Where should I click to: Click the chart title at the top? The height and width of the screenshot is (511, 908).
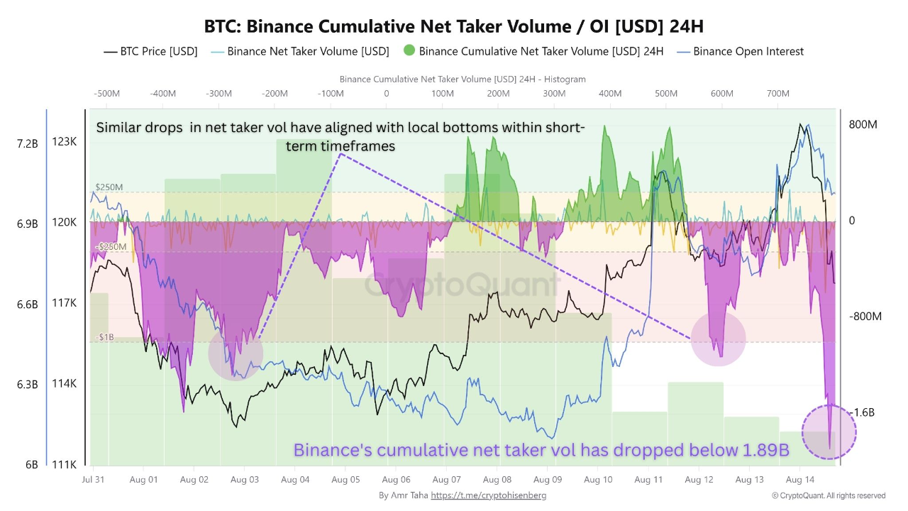pyautogui.click(x=454, y=26)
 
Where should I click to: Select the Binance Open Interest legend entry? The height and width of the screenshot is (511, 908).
pyautogui.click(x=748, y=51)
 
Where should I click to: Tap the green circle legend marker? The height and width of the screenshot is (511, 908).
pyautogui.click(x=409, y=51)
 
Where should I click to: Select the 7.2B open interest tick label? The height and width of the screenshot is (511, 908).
pyautogui.click(x=27, y=143)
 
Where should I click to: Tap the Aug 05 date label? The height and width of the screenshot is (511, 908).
pyautogui.click(x=345, y=480)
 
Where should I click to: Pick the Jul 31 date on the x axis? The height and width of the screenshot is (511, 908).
pyautogui.click(x=94, y=480)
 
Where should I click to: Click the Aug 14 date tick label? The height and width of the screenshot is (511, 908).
pyautogui.click(x=799, y=480)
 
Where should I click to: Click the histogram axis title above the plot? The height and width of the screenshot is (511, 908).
pyautogui.click(x=463, y=79)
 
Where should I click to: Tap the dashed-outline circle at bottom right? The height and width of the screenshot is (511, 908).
pyautogui.click(x=829, y=432)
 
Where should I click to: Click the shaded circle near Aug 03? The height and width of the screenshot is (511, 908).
pyautogui.click(x=236, y=353)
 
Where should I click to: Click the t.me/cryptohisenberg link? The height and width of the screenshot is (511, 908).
pyautogui.click(x=489, y=495)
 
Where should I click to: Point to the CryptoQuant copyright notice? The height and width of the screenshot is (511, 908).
pyautogui.click(x=828, y=495)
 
